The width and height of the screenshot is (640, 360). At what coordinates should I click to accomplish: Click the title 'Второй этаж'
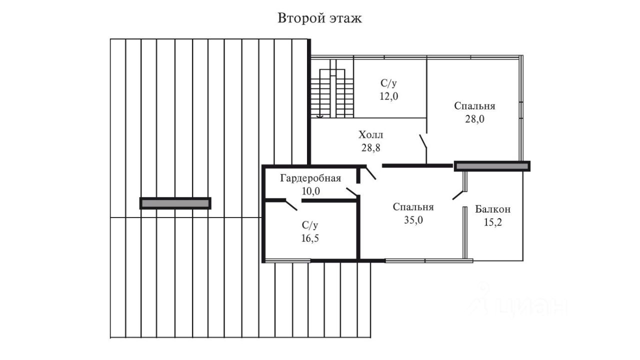click(319, 18)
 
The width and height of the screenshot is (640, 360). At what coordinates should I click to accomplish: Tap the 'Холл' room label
click(371, 135)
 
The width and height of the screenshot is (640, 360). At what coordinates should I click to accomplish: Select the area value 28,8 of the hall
click(371, 148)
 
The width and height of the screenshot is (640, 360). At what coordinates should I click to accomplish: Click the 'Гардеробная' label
click(310, 178)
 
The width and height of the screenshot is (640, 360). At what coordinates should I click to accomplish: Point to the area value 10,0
click(311, 191)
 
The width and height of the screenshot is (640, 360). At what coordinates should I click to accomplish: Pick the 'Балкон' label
click(493, 209)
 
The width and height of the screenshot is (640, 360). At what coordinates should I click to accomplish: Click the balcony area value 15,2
click(493, 222)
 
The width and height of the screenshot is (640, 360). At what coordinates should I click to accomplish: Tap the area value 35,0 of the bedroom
click(413, 220)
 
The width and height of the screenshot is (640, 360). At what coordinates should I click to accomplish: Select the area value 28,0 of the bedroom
click(474, 119)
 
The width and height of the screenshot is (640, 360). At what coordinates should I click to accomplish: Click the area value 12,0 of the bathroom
click(388, 96)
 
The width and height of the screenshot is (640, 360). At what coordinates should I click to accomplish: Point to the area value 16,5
click(310, 238)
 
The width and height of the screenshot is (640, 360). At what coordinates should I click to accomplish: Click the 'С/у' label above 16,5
click(310, 225)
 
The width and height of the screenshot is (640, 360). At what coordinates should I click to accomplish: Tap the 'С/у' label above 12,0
click(388, 83)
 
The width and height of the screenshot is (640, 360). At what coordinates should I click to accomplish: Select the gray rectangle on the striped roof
click(175, 203)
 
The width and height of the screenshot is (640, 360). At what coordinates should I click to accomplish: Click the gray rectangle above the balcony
click(492, 166)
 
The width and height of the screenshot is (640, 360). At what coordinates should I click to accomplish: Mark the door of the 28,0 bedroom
click(423, 141)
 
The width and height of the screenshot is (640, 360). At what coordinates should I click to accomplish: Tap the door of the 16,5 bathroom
click(291, 205)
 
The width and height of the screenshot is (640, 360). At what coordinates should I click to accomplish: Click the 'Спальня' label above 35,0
click(413, 207)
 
